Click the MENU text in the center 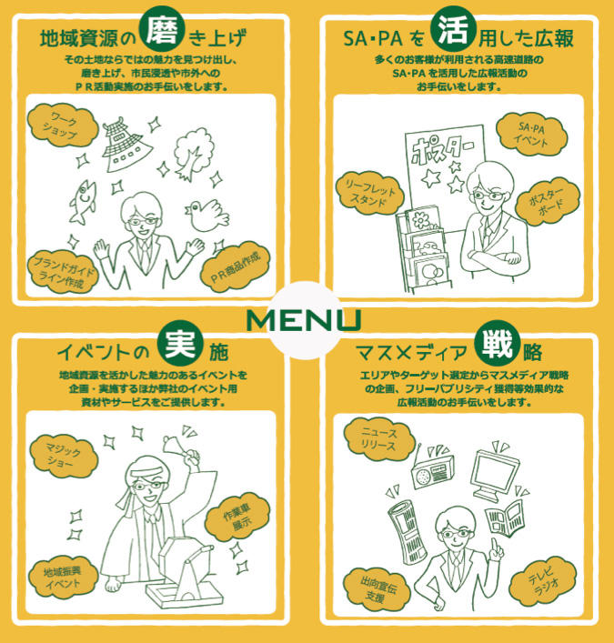[x=304, y=320]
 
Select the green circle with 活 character [x=453, y=29]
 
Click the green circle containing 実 [x=180, y=343]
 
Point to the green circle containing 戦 [x=497, y=344]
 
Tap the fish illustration [x=84, y=201]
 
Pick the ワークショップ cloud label [x=63, y=126]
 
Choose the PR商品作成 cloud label [x=235, y=267]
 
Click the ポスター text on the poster [x=442, y=149]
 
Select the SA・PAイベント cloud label [x=530, y=134]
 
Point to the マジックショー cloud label [x=63, y=456]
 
